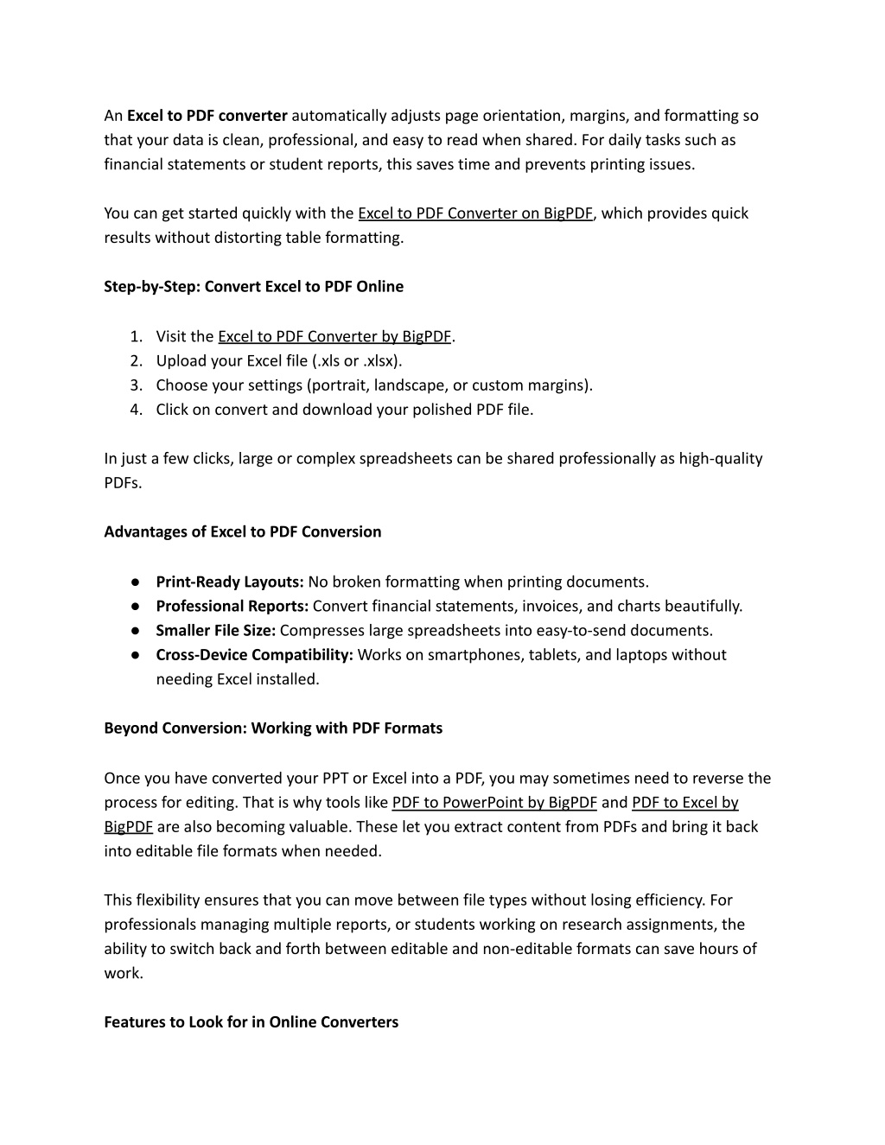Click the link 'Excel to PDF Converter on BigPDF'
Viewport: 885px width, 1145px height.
click(x=475, y=213)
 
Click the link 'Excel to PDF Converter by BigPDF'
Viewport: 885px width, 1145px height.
click(x=334, y=336)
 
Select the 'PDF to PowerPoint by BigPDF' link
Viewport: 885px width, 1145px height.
click(x=494, y=802)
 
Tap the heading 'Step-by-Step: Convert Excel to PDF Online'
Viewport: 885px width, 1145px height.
click(x=253, y=286)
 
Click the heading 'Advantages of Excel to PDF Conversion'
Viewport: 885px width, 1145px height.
click(x=242, y=531)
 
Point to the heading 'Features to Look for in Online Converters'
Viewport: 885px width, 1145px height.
click(x=251, y=1021)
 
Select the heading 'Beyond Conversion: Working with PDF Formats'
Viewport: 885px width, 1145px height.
click(x=273, y=728)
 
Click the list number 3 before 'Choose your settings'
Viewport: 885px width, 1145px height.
click(x=136, y=385)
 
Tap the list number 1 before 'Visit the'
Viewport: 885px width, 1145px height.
click(x=136, y=336)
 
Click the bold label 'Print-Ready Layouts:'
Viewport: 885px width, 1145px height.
click(x=229, y=582)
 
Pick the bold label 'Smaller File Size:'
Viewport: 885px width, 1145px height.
click(x=215, y=630)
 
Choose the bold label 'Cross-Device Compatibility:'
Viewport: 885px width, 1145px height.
click(x=254, y=654)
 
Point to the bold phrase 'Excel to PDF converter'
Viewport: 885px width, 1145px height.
click(x=207, y=116)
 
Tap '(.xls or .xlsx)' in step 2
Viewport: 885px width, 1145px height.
click(x=357, y=360)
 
